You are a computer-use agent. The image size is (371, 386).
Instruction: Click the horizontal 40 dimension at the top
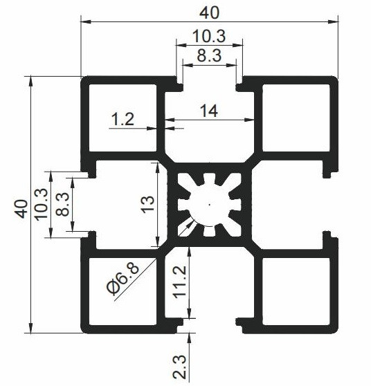tap(209, 13)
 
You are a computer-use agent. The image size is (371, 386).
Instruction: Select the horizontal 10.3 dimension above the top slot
tap(209, 36)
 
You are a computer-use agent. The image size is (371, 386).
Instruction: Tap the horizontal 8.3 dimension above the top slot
tap(209, 55)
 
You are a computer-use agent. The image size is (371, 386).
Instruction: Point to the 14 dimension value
tap(209, 111)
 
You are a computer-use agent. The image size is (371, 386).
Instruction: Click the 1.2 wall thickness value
tap(123, 119)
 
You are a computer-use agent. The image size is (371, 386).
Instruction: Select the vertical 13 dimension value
tap(147, 204)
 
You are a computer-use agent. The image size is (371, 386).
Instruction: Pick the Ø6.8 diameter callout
tap(123, 278)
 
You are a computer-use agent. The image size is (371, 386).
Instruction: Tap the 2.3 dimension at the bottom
tap(179, 367)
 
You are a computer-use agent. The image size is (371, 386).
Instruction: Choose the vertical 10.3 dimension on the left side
tap(41, 204)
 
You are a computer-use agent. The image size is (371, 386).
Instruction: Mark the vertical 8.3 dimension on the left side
tap(62, 204)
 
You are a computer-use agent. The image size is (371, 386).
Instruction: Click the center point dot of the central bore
tap(210, 204)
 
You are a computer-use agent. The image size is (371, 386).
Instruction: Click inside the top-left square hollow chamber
tap(123, 118)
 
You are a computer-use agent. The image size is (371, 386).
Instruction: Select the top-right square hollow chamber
tap(296, 118)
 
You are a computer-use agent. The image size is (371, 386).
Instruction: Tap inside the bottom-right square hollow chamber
tap(296, 291)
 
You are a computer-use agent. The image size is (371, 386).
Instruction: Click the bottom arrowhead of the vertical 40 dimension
tap(30, 328)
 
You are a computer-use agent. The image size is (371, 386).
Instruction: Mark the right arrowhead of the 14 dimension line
tap(249, 120)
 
